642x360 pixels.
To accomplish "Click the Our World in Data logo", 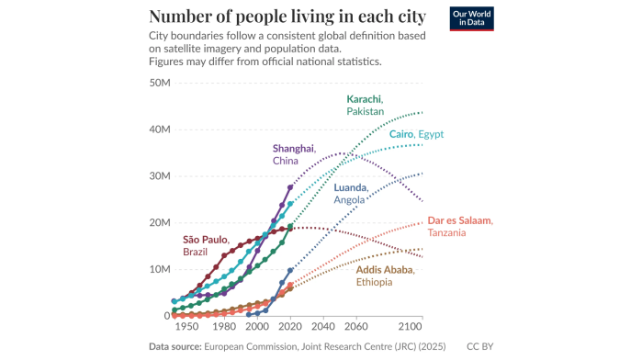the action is click(x=471, y=18).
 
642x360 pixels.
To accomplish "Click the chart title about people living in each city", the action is click(x=287, y=17).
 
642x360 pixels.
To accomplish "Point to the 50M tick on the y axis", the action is click(x=160, y=83).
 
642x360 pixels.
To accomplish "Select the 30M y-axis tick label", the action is click(x=160, y=176).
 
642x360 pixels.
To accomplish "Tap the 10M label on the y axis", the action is click(x=160, y=269).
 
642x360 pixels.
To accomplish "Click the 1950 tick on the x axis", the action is click(x=187, y=326).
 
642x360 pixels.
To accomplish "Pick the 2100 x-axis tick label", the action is click(x=411, y=326).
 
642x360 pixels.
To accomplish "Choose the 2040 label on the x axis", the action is click(x=323, y=326).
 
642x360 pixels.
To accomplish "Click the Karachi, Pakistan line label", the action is click(x=366, y=106).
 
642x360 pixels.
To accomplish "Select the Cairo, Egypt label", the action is click(x=416, y=134).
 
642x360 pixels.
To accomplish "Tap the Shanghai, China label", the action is click(x=295, y=154).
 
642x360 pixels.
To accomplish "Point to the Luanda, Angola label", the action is click(x=351, y=193).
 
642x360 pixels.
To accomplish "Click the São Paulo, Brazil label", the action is click(x=206, y=245).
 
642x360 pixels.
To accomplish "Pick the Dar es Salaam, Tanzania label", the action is click(x=460, y=227).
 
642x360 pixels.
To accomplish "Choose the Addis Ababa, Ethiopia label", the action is click(x=385, y=276).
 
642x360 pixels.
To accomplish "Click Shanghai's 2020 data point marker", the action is click(x=290, y=187).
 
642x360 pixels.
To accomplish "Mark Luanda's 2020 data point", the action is click(x=290, y=271).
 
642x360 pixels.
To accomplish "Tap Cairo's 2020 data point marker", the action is click(x=290, y=204).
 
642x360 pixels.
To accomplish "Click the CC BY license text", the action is click(x=479, y=346).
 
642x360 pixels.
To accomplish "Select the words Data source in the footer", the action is click(x=175, y=346).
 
